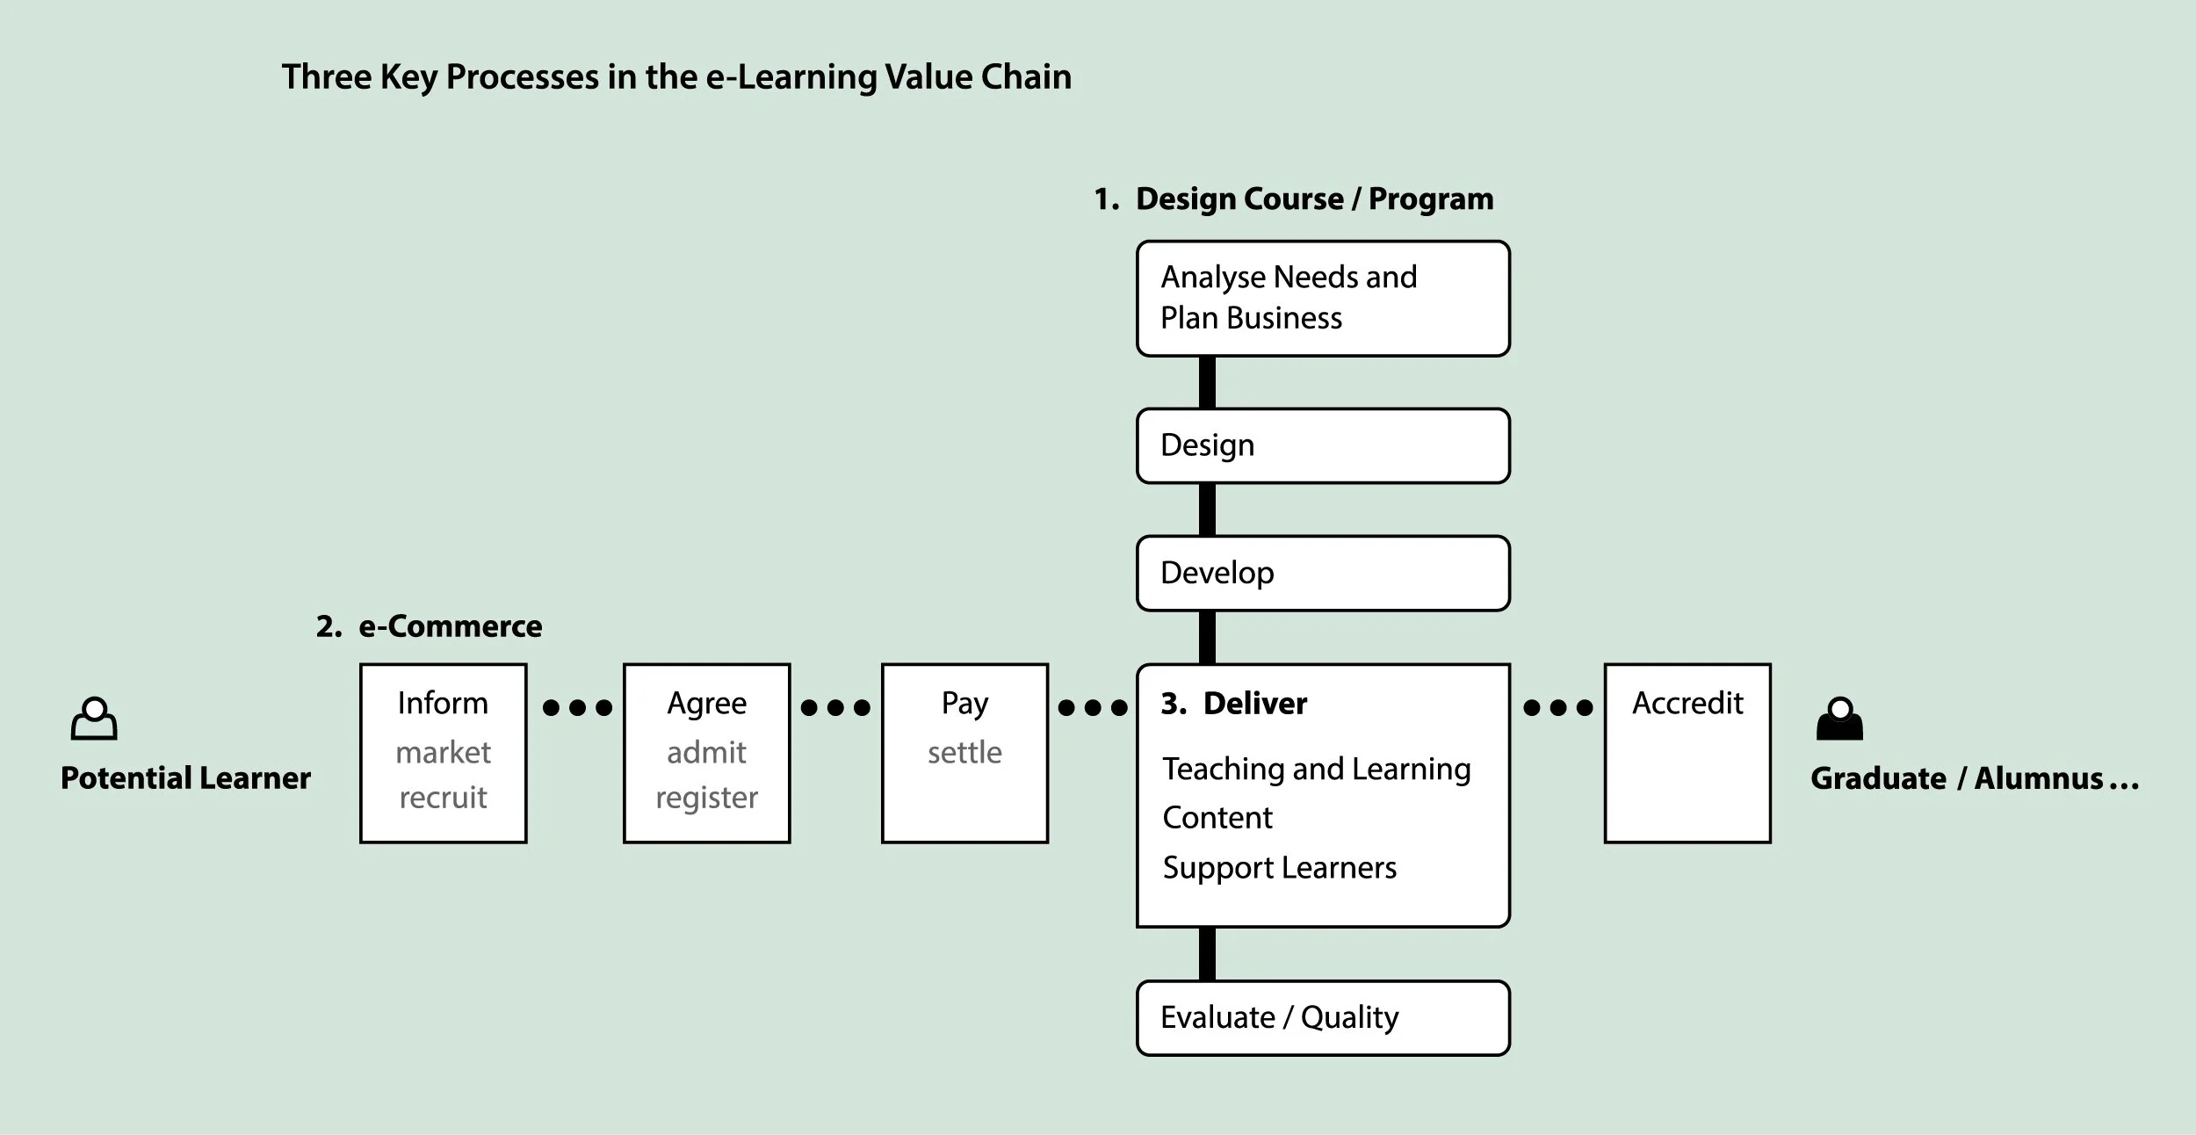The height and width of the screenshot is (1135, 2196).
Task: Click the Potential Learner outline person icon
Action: point(94,719)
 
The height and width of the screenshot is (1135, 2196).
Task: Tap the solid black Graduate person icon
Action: point(1839,719)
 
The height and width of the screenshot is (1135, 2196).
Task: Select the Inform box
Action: point(443,753)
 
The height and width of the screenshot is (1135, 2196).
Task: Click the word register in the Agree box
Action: point(706,798)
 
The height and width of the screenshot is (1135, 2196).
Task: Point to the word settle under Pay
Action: point(964,753)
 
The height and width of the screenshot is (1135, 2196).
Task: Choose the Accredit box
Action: point(1687,753)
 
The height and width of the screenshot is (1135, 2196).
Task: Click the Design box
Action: point(1323,445)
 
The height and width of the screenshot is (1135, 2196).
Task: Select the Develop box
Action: point(1323,573)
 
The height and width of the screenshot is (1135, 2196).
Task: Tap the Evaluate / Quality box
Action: point(1323,1017)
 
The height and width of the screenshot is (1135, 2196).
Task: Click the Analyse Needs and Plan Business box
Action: point(1323,298)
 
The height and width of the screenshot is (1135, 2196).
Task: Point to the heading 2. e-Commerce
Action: point(430,626)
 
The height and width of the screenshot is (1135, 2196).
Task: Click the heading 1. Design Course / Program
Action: point(1294,199)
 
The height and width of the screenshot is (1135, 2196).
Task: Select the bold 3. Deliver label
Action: point(1234,704)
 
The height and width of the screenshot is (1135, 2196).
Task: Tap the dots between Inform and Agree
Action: point(577,708)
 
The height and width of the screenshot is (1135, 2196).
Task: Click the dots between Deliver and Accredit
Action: point(1557,708)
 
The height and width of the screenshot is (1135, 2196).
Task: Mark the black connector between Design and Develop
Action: point(1207,510)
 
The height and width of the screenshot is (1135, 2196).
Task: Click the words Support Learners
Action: point(1279,868)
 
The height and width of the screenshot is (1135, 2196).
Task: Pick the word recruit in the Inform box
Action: point(443,798)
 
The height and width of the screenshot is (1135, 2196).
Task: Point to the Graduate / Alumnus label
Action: point(1974,778)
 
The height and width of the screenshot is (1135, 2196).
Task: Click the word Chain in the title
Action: point(1026,77)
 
